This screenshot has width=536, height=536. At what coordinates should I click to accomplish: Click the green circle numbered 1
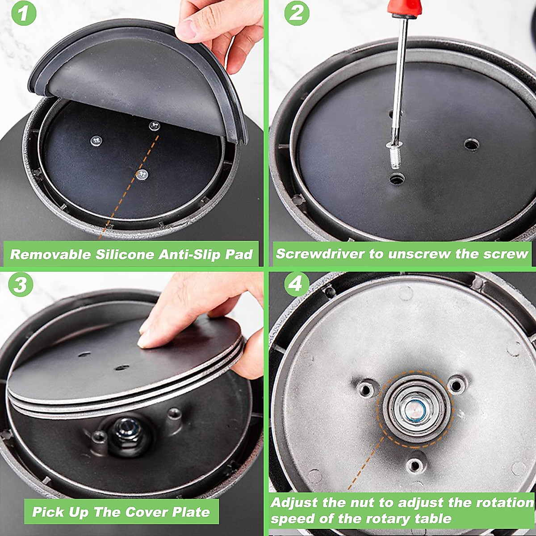(24, 13)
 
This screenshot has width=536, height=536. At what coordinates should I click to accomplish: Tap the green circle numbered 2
(297, 14)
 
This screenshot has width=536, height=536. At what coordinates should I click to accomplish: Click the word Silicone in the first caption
(125, 254)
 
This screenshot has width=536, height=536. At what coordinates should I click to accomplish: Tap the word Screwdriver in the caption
(320, 254)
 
